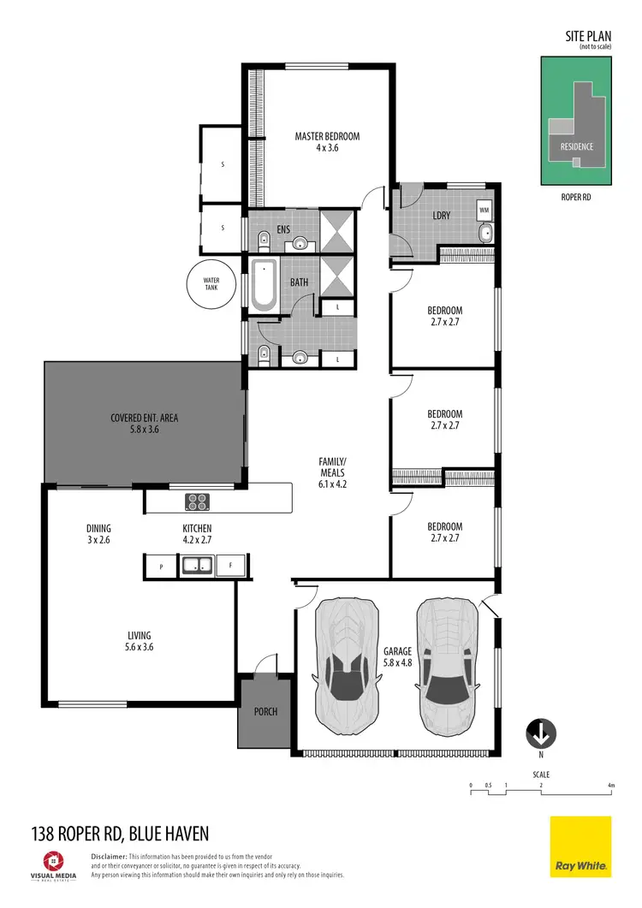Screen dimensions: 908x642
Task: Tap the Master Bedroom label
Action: [x=327, y=141]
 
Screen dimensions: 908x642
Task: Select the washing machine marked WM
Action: [x=484, y=209]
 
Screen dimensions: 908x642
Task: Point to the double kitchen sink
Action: [x=198, y=565]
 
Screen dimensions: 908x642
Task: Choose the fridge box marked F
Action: [x=229, y=566]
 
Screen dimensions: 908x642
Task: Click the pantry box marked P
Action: [x=160, y=566]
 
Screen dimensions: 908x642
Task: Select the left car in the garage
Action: [x=347, y=662]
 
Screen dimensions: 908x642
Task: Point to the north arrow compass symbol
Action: [x=541, y=733]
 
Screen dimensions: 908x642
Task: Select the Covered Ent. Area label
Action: [x=145, y=424]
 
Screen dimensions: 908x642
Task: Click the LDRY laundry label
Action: [x=442, y=216]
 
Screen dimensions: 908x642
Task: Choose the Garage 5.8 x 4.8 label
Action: [x=398, y=656]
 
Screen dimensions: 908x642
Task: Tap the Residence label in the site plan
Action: [x=576, y=146]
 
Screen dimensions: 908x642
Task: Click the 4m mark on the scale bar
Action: [x=610, y=785]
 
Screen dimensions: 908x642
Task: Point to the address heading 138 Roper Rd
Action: [x=120, y=833]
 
